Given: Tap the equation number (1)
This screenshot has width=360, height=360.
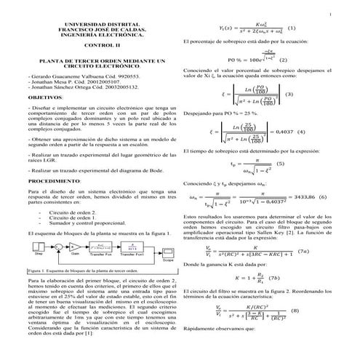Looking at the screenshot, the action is tap(292, 29).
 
